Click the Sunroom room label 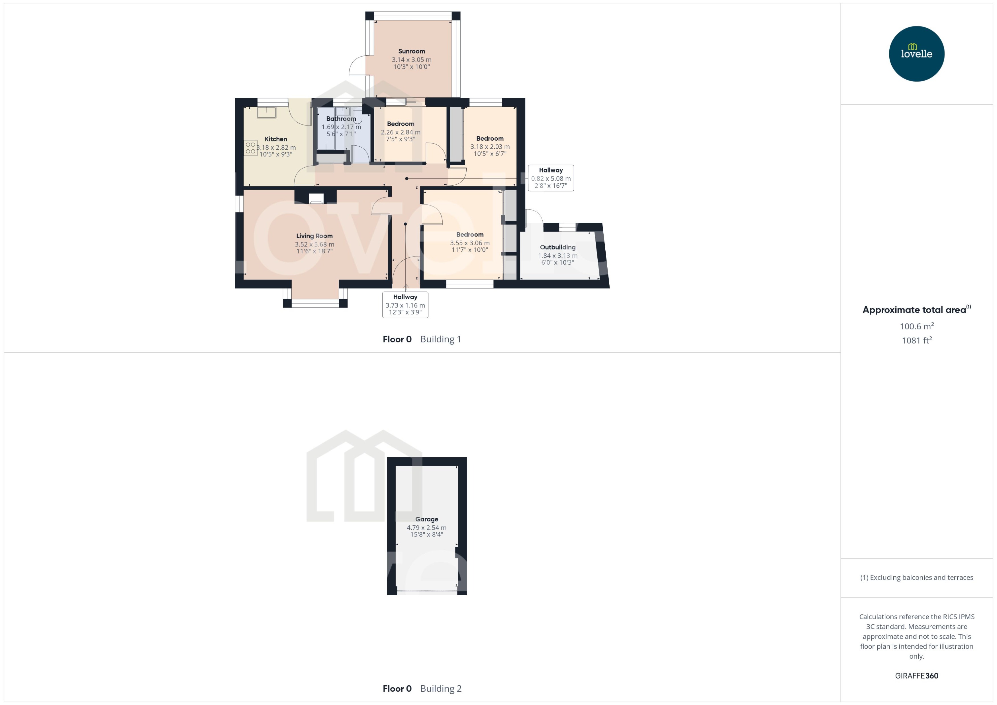pos(411,51)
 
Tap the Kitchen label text pos(276,139)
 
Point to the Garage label pos(427,519)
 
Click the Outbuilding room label pos(557,247)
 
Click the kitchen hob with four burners pos(250,148)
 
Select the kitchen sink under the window pos(266,112)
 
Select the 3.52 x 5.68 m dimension pos(314,244)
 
